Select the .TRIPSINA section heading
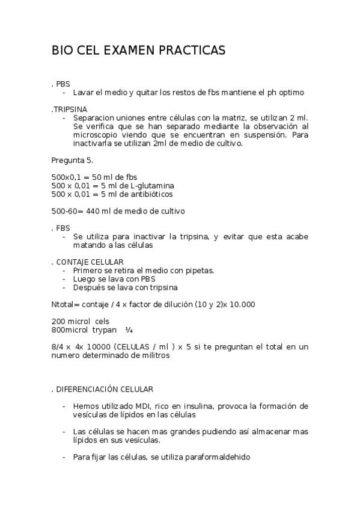coord(69,109)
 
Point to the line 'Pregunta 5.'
coord(72,160)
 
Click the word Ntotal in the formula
coord(63,304)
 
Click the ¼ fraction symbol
coord(129,330)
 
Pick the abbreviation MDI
coord(143,407)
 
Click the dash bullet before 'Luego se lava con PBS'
coord(64,279)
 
